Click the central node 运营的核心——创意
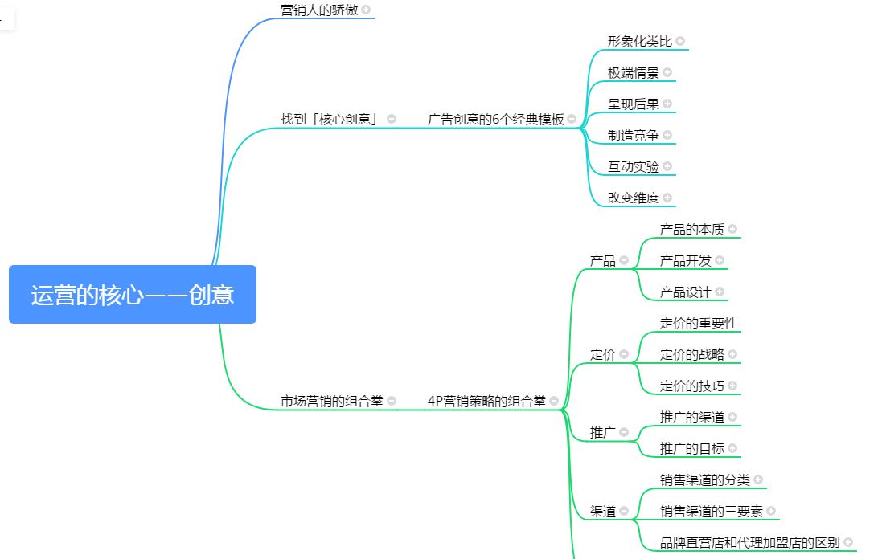(133, 295)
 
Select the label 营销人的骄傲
(318, 10)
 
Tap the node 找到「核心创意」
(330, 119)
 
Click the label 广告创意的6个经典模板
(495, 119)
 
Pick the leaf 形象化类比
(639, 41)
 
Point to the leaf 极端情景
(633, 72)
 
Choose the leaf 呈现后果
(633, 104)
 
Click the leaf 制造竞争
(633, 135)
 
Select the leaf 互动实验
(633, 166)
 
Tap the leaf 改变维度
(633, 198)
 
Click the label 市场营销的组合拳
(331, 401)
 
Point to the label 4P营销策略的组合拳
(486, 401)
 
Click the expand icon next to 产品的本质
(732, 230)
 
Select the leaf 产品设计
(685, 292)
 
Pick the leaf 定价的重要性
(698, 324)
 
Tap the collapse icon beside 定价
(624, 354)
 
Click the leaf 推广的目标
(691, 448)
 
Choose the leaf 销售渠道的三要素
(711, 511)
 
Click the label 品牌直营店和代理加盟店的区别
(749, 542)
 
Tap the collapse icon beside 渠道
(624, 511)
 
